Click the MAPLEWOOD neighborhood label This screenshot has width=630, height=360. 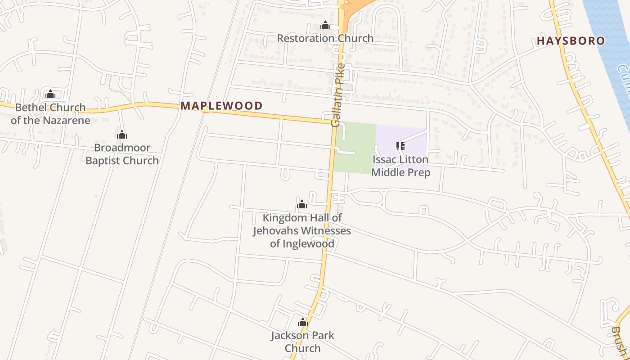221,106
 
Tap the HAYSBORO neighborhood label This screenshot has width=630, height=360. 571,41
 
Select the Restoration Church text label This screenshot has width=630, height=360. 325,38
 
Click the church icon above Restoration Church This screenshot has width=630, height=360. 325,26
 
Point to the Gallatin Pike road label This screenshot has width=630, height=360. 338,95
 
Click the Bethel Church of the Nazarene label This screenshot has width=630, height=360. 50,114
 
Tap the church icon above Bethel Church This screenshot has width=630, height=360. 50,94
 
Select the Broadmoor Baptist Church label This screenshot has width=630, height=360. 122,154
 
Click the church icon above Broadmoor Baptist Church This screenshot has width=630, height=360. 122,135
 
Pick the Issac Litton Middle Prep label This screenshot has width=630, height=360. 400,166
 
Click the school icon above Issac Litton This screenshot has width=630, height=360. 400,146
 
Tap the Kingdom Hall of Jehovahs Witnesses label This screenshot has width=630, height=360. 302,230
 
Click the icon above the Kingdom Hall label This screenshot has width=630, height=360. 302,205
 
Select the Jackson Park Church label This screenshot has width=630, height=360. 302,342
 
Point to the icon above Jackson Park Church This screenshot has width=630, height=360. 302,322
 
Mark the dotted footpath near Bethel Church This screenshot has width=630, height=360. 118,88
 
